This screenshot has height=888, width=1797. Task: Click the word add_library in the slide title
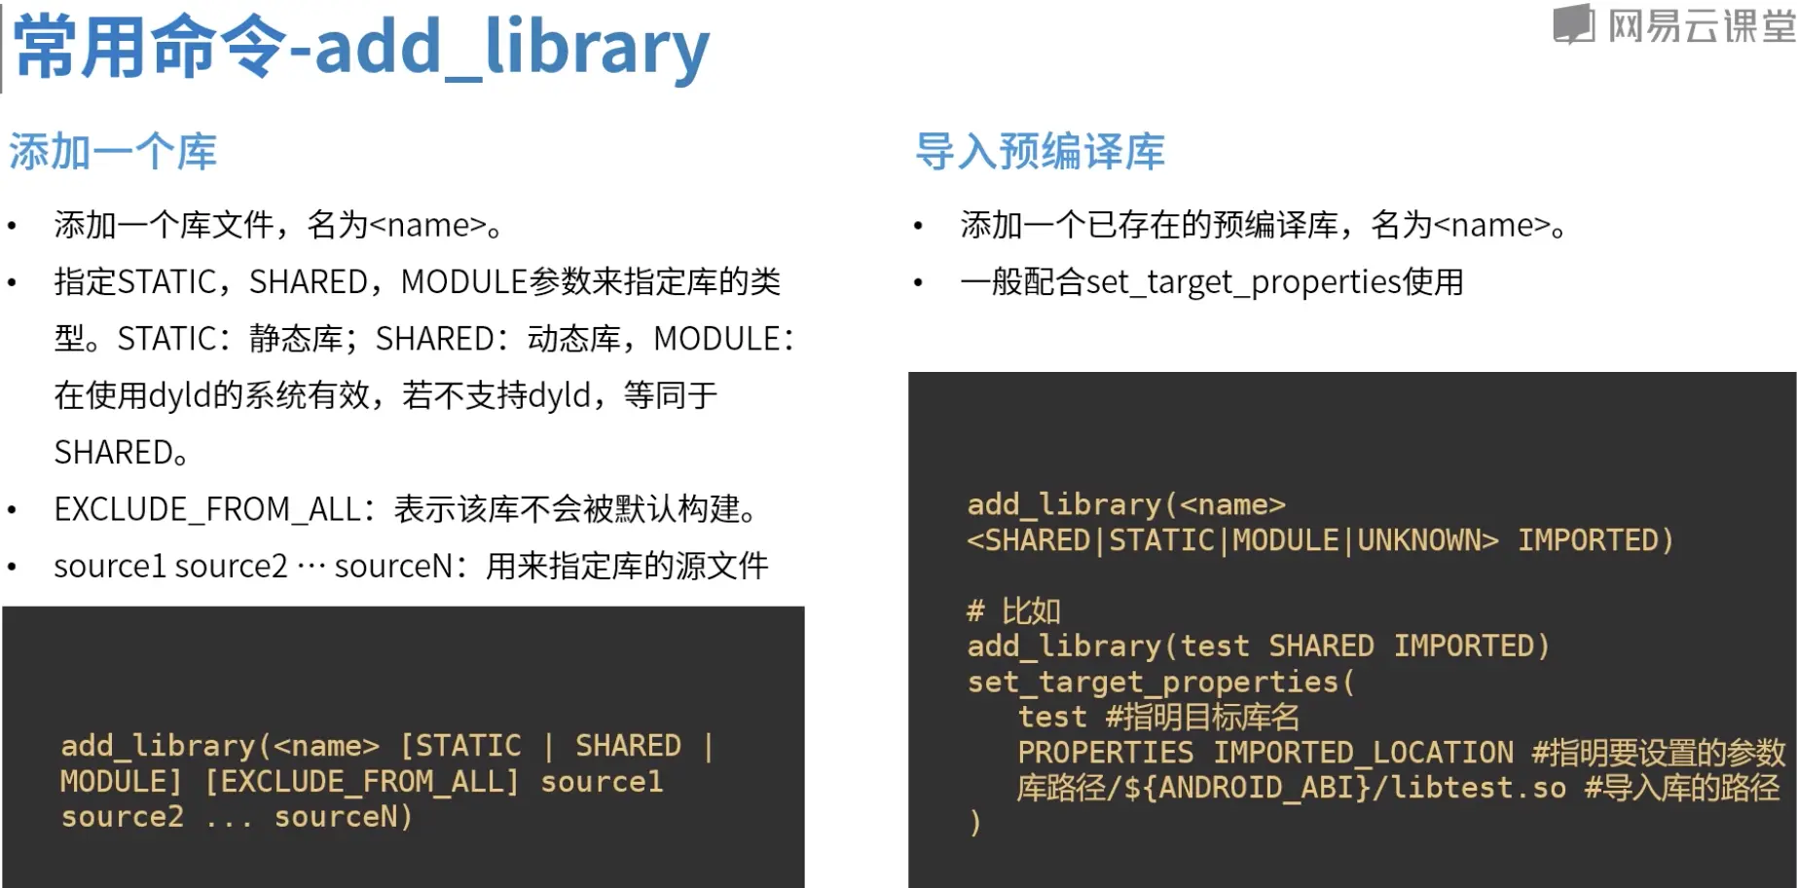click(512, 49)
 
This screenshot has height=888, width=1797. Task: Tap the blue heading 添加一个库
click(113, 152)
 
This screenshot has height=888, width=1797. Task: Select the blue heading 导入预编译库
click(1040, 152)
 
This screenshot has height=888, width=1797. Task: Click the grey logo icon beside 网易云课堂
click(1573, 24)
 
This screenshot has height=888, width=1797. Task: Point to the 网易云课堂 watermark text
click(1702, 25)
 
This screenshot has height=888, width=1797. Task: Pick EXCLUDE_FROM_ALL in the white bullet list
click(207, 509)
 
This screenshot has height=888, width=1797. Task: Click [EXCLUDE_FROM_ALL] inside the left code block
click(361, 782)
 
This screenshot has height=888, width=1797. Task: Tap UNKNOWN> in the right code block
click(1428, 540)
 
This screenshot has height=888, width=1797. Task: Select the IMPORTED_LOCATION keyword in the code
click(1363, 753)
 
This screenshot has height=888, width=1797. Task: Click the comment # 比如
click(1013, 610)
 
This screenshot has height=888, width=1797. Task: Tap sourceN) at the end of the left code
click(344, 817)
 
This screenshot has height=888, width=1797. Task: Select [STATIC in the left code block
click(461, 746)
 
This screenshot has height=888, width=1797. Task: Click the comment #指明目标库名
click(1202, 718)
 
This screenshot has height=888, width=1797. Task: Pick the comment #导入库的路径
click(1682, 788)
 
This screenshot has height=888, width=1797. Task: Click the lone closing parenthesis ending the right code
click(975, 824)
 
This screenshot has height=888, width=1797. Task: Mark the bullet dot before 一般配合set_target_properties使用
click(918, 283)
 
